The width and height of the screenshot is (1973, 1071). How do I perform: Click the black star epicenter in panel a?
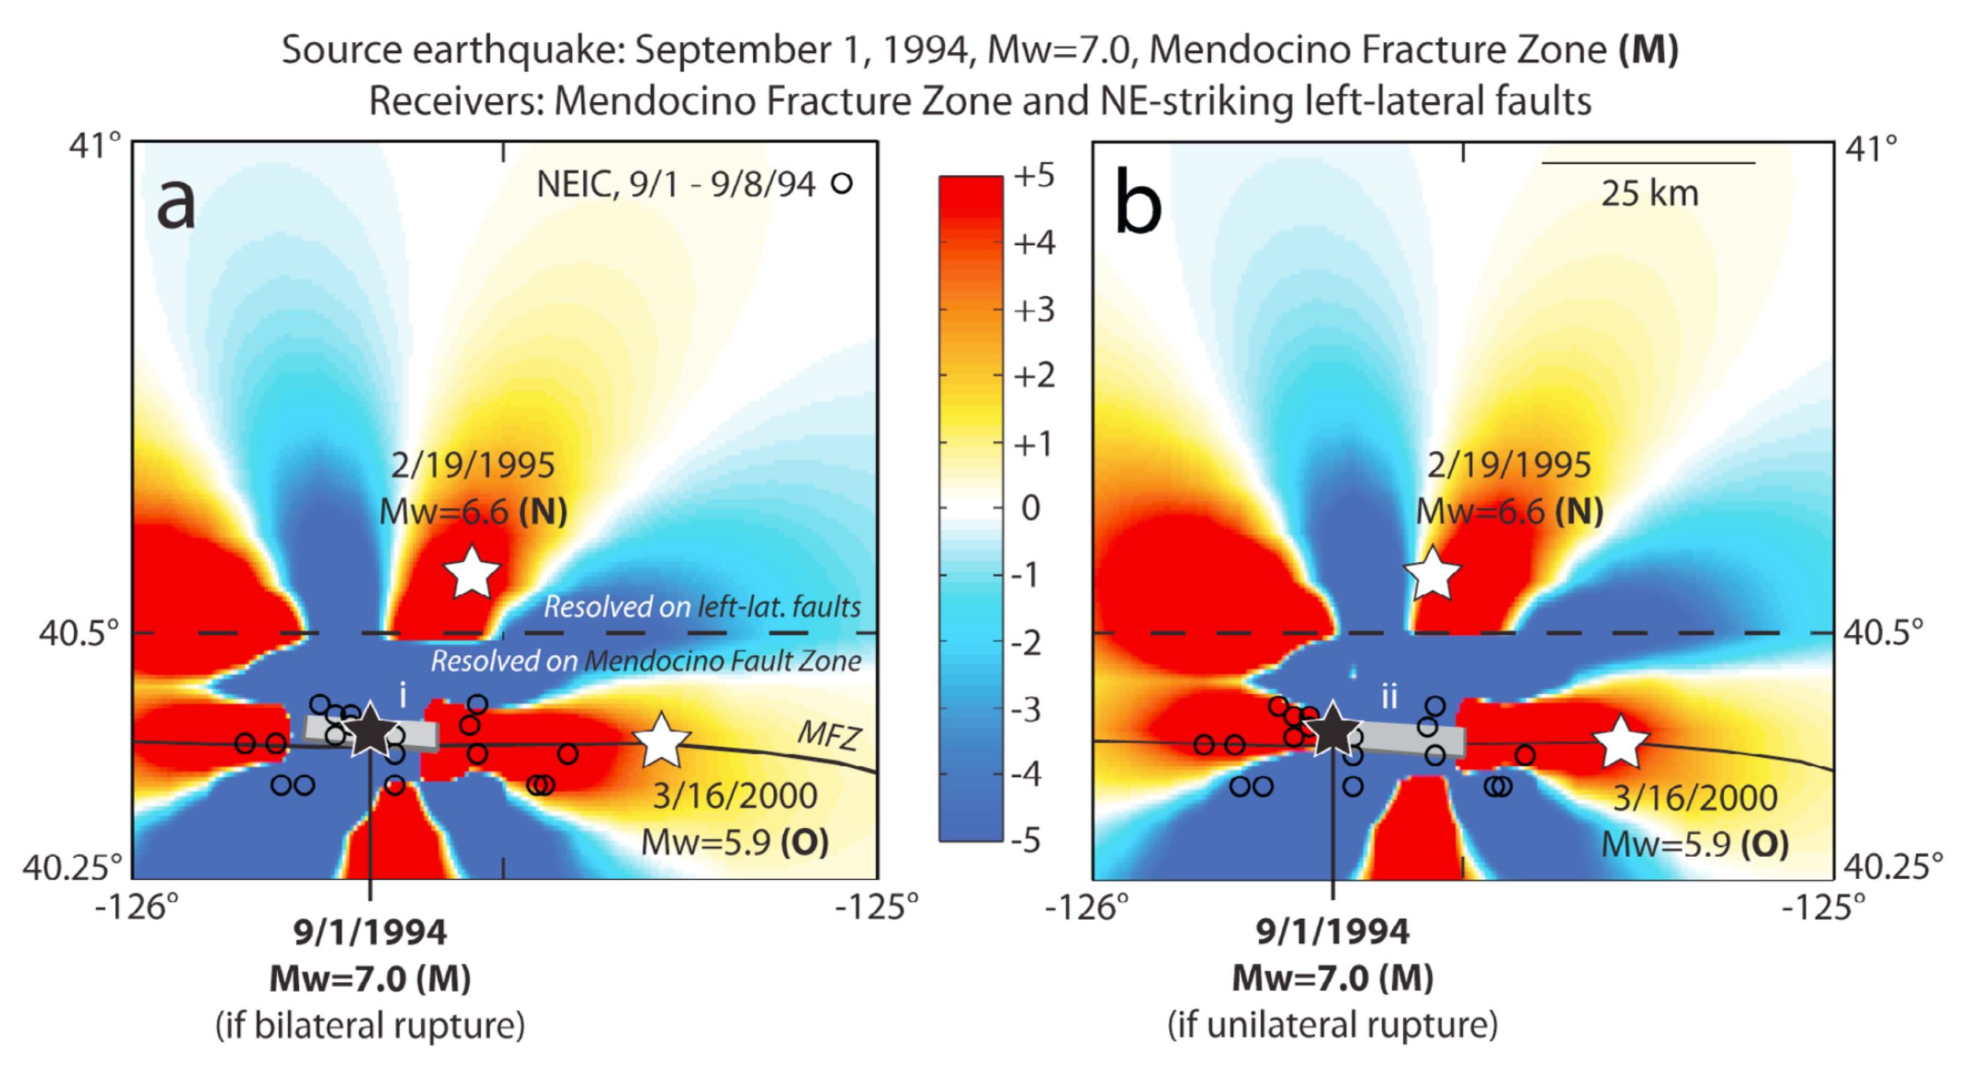370,729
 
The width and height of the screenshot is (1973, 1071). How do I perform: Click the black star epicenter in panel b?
1332,729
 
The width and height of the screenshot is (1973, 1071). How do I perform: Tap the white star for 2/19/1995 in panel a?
473,572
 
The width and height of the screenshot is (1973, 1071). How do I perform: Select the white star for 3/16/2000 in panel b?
1621,741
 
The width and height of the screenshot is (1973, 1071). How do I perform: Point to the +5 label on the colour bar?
1034,177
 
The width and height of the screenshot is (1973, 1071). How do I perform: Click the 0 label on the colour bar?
1031,508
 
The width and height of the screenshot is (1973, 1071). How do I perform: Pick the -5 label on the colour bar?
1026,841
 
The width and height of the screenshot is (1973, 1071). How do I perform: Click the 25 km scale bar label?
1649,194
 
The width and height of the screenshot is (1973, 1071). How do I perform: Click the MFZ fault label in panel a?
829,736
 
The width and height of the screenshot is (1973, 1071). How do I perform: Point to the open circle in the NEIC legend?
842,184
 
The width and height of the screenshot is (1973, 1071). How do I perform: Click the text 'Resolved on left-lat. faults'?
701,606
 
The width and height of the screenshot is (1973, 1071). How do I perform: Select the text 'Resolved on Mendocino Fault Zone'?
645,661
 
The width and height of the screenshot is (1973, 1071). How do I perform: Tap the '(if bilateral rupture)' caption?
370,1025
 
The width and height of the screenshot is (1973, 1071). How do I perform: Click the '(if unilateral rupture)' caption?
1332,1025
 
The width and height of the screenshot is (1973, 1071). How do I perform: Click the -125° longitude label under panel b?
1824,908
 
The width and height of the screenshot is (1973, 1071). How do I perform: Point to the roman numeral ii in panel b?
1390,697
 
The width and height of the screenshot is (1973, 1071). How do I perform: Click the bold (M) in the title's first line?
1648,50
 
